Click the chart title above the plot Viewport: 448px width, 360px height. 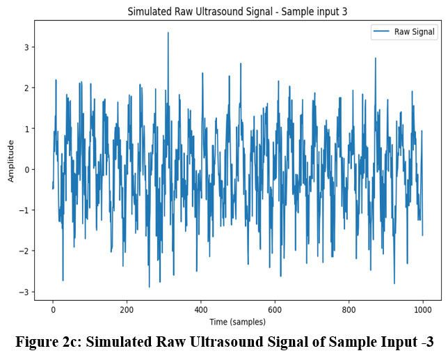point(237,11)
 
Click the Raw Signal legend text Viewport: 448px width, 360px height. point(415,32)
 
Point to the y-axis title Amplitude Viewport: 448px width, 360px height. point(11,161)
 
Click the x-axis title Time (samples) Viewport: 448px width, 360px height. point(237,322)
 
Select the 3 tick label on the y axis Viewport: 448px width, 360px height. point(26,47)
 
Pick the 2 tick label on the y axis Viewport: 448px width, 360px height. point(26,88)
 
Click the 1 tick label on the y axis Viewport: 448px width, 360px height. point(26,129)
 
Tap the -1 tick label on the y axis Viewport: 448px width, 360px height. point(24,210)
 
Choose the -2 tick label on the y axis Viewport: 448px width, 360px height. point(24,251)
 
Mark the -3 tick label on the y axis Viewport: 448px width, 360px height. point(24,292)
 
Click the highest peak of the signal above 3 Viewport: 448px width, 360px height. point(168,33)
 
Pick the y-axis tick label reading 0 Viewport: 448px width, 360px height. point(26,170)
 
